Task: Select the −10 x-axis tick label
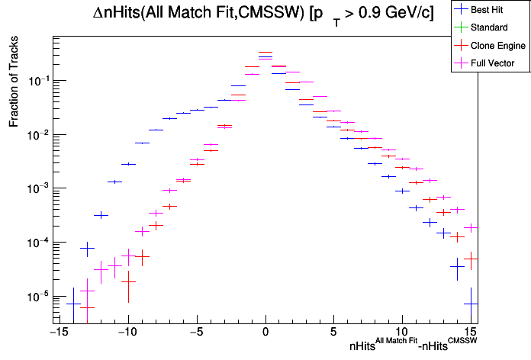point(127,332)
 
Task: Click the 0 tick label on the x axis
point(265,332)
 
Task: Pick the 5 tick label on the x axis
point(333,332)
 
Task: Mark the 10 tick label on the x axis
point(402,332)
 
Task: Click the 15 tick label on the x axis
point(471,332)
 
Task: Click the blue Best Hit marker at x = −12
point(101,215)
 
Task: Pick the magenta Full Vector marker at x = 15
point(471,227)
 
